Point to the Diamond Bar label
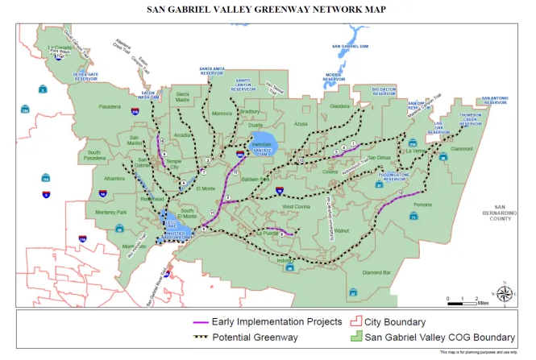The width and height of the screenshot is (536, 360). (x=376, y=273)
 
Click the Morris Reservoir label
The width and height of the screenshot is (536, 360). (x=334, y=78)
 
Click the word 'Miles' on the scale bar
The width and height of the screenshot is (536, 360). (x=482, y=304)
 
